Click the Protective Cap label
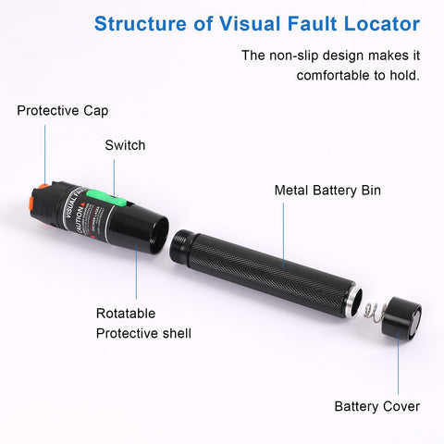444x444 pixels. point(62,111)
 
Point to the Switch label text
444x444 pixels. point(125,145)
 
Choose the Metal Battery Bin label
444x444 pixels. point(327,191)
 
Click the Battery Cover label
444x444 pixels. point(376,406)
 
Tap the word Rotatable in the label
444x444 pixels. point(126,313)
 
